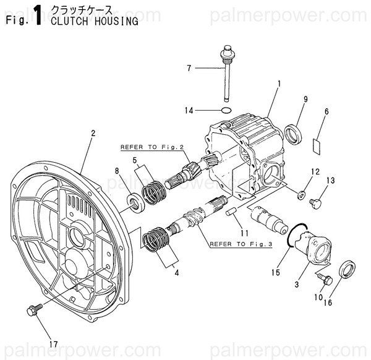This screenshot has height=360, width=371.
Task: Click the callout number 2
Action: coord(93,133)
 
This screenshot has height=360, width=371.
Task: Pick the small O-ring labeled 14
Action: coord(227,111)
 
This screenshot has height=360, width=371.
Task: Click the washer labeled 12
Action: coord(301,195)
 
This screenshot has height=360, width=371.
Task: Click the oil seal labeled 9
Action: coord(293,132)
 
